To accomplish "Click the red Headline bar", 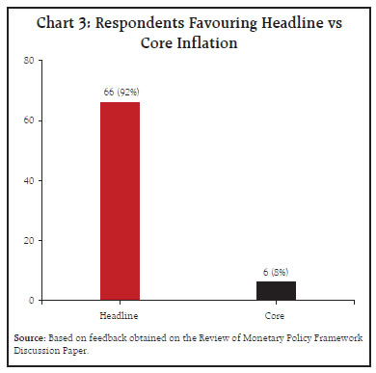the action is [x=120, y=201].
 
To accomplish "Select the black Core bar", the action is [x=276, y=291].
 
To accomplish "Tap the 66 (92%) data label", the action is [x=121, y=93].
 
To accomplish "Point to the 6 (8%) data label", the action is [x=276, y=272].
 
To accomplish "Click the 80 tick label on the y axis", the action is [x=29, y=61].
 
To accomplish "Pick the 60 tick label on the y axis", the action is [x=29, y=120].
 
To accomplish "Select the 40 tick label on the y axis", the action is [x=29, y=180].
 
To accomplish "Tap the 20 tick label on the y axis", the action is [x=29, y=241].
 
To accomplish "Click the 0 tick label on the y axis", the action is [x=31, y=301].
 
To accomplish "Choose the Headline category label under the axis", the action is [x=119, y=316].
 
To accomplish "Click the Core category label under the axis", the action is [x=275, y=316].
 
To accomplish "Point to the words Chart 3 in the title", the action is [x=64, y=23].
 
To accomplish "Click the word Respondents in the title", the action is [x=140, y=24].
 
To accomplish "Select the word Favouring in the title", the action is [x=223, y=24].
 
